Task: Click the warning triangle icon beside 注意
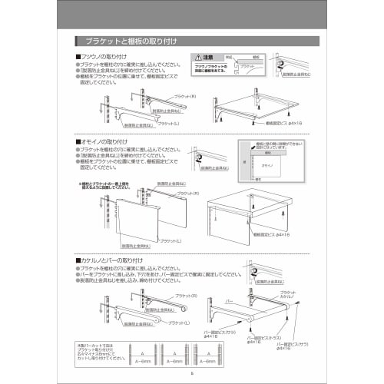click(x=198, y=57)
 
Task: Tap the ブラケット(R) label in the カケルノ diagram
click(x=184, y=295)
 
